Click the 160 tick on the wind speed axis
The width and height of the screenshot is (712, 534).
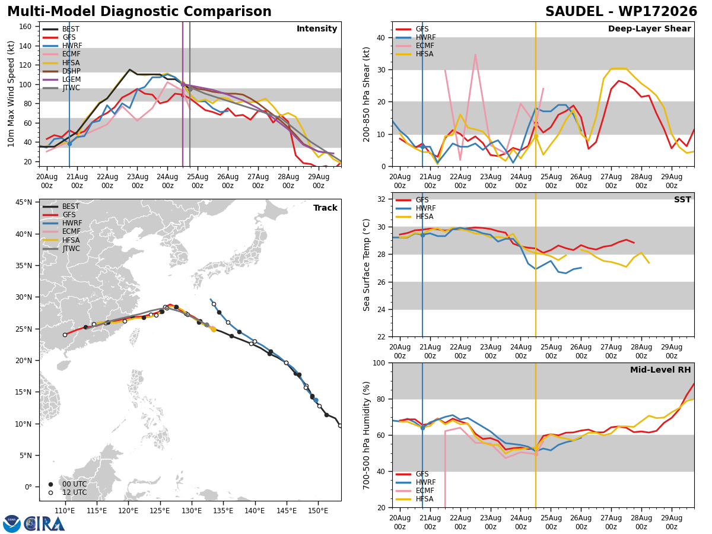[x=25, y=27]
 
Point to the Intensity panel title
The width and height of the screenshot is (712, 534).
[x=317, y=28]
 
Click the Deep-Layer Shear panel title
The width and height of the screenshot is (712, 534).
[x=649, y=28]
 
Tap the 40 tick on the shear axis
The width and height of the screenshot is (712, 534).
[x=381, y=37]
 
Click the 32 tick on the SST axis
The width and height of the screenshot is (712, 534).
[x=382, y=199]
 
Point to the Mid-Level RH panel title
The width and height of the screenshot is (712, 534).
[x=660, y=370]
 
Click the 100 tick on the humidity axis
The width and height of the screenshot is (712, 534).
[x=379, y=363]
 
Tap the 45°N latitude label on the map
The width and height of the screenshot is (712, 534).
[x=23, y=202]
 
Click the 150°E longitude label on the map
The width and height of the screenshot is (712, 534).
[x=318, y=511]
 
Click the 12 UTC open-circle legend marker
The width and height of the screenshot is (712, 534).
[x=50, y=493]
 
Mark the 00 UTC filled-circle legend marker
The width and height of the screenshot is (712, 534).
[x=50, y=484]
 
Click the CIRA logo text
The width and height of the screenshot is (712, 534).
[x=44, y=524]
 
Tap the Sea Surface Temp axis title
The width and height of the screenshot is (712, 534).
[x=366, y=265]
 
